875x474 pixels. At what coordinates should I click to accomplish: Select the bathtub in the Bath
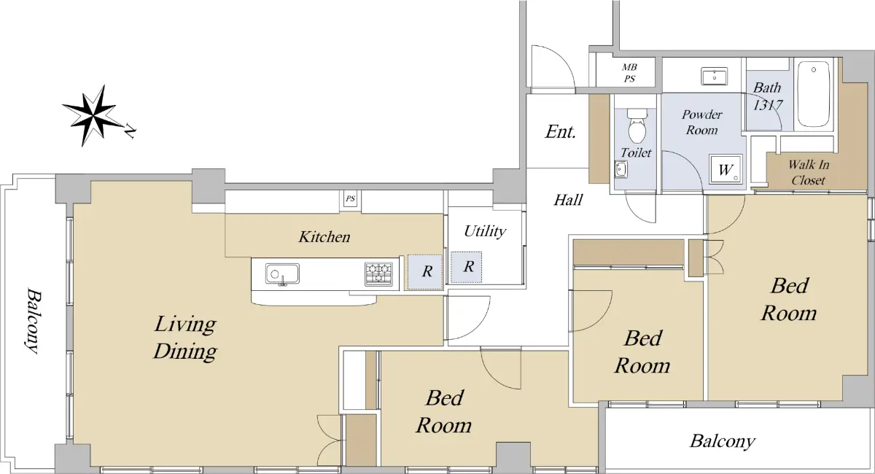[x=814, y=94]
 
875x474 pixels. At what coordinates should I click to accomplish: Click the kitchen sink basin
[x=282, y=274]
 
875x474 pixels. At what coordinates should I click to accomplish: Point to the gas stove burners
[x=378, y=273]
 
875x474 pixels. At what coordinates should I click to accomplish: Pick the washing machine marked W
[x=726, y=169]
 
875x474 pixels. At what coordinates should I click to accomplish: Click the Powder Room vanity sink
[x=714, y=76]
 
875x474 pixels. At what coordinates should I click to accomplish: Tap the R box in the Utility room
[x=467, y=267]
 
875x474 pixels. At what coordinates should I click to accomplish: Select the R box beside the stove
[x=425, y=272]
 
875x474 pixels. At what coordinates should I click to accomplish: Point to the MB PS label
[x=629, y=73]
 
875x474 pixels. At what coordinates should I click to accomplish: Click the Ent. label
[x=561, y=132]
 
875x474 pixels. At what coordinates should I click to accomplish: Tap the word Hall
[x=568, y=200]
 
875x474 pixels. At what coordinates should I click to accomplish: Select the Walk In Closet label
[x=808, y=172]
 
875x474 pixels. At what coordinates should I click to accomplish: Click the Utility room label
[x=485, y=231]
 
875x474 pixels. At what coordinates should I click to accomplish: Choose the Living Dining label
[x=185, y=338]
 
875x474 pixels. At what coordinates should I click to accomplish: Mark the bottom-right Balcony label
[x=723, y=442]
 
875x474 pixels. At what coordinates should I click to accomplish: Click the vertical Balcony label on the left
[x=32, y=321]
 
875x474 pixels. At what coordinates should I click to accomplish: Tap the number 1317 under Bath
[x=768, y=105]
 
